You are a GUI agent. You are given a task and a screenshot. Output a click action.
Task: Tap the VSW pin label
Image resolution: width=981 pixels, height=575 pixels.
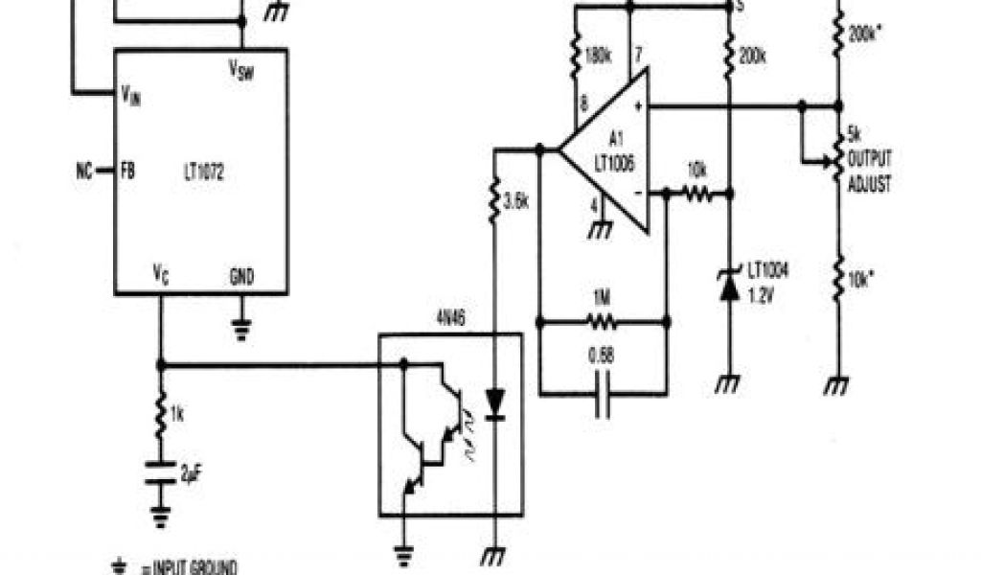pyautogui.click(x=241, y=69)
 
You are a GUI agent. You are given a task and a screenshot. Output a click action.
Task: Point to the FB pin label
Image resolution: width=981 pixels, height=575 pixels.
pyautogui.click(x=127, y=172)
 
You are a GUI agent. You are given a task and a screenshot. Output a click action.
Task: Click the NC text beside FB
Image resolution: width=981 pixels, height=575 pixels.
pyautogui.click(x=84, y=172)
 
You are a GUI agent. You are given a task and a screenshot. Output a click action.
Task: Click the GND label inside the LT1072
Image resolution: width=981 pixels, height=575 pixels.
pyautogui.click(x=241, y=276)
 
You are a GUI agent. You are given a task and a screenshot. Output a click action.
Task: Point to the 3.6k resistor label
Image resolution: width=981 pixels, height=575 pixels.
pyautogui.click(x=514, y=201)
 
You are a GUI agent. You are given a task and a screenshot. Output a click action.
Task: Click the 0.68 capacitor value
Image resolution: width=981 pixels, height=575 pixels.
pyautogui.click(x=602, y=357)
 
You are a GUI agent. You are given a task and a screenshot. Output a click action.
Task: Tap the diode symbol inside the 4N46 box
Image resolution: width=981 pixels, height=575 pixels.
pyautogui.click(x=494, y=403)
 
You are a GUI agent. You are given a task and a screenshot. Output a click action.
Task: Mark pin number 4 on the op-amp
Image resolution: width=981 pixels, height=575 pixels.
pyautogui.click(x=594, y=205)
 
